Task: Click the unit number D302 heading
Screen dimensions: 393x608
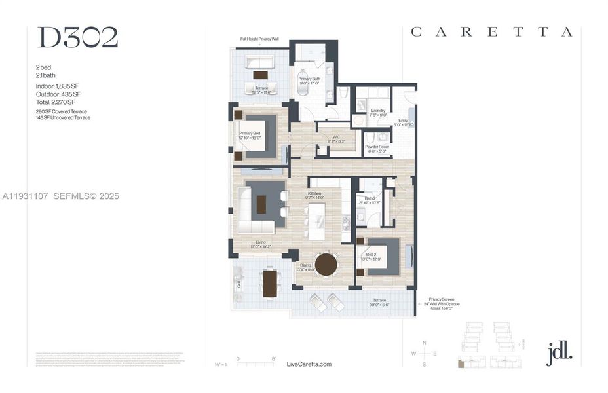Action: tap(77, 38)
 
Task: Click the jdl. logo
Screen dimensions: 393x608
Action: tap(559, 352)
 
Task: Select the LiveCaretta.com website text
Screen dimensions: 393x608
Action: tap(309, 364)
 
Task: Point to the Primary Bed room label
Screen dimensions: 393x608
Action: tap(250, 135)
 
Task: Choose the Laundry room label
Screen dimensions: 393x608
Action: tap(377, 113)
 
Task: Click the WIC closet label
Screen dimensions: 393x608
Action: tap(335, 139)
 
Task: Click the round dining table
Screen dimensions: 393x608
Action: tap(326, 265)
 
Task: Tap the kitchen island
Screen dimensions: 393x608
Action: tap(317, 221)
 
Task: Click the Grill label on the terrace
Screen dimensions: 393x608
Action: tap(239, 284)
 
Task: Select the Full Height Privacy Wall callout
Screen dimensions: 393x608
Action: tap(259, 39)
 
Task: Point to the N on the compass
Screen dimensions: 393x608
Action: tap(424, 343)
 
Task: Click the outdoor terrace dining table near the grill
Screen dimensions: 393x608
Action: tap(270, 284)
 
